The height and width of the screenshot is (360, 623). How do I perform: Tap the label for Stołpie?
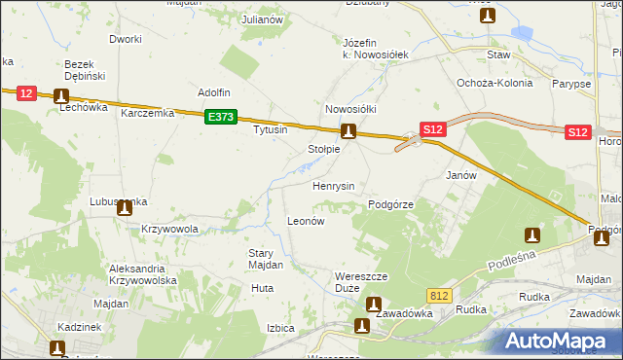click(323, 149)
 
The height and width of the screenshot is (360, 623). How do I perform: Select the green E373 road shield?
click(221, 117)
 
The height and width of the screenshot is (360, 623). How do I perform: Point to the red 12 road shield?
click(26, 93)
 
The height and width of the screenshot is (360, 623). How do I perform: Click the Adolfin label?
click(213, 92)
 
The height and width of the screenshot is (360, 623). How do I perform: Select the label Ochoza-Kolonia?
click(495, 83)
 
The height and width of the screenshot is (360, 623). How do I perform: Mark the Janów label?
click(460, 175)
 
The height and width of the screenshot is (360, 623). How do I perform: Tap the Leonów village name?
click(305, 221)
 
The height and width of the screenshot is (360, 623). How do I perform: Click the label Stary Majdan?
click(265, 259)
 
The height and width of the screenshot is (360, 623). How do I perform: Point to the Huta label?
click(262, 288)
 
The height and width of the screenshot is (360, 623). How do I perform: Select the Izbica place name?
click(280, 328)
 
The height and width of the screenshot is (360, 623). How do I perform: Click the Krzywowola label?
click(169, 230)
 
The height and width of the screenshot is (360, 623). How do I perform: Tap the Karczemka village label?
click(147, 113)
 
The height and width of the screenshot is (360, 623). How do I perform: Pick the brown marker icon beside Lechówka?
click(62, 95)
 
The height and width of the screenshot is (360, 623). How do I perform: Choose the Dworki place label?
click(126, 39)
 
